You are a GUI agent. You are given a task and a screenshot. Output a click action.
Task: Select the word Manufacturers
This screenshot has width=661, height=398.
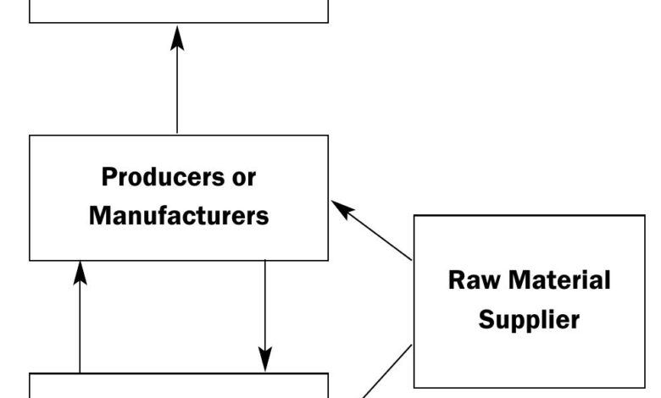coord(179,216)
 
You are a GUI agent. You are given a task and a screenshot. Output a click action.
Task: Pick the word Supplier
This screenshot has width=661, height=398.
coord(529,319)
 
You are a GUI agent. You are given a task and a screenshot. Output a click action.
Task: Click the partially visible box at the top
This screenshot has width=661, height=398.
coord(179,10)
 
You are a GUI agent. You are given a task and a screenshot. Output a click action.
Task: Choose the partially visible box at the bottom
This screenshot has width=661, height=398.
coord(179,386)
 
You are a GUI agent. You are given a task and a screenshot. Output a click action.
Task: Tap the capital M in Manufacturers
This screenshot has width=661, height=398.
coord(98,216)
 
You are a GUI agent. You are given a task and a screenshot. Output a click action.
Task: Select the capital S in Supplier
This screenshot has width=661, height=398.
coord(486,319)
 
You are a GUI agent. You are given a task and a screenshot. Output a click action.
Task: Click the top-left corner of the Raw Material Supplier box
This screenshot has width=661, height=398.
coord(414,216)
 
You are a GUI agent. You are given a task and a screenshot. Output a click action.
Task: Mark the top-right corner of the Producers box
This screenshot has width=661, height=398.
coord(328,135)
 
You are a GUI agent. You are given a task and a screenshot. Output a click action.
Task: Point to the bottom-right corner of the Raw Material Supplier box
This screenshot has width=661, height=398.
coord(644,387)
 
